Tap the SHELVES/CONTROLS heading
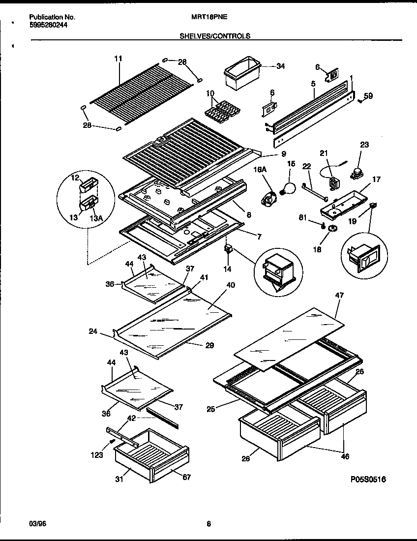pos(214,36)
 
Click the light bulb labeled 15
pos(287,187)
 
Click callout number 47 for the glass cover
pos(339,295)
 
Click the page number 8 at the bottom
pos(208,524)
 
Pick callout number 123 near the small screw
pos(97,455)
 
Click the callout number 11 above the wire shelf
pos(118,59)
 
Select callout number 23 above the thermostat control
pos(364,145)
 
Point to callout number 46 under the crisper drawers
pos(345,457)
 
